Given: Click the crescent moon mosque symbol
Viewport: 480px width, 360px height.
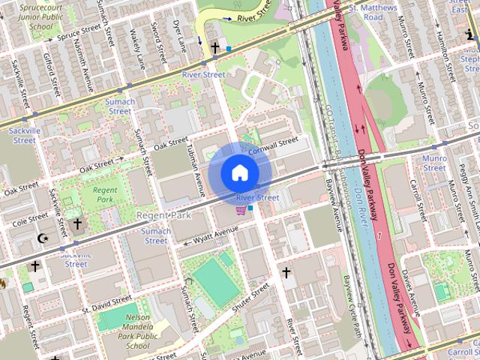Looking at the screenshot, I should pos(43,238).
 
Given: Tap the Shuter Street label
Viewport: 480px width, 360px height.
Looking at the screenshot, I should pos(250,301).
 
